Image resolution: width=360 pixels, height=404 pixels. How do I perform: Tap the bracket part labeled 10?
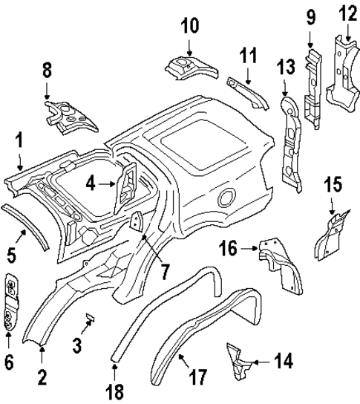[x=189, y=67]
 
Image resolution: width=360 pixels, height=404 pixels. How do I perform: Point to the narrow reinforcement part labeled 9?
[x=313, y=85]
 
